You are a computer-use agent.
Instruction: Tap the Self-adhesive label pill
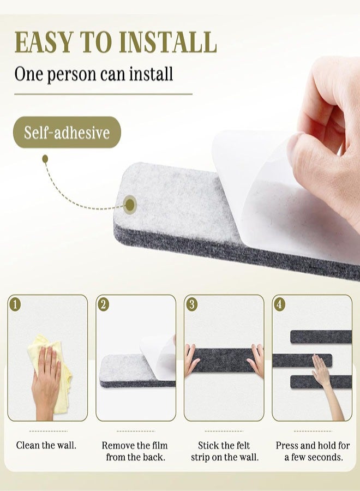click(x=67, y=133)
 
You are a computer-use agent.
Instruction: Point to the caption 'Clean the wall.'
click(x=46, y=445)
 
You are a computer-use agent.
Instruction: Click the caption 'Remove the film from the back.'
click(x=135, y=451)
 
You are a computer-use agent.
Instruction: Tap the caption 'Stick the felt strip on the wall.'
click(x=225, y=451)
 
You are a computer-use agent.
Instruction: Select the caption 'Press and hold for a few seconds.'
click(x=313, y=451)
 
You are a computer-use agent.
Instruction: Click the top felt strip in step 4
click(x=321, y=337)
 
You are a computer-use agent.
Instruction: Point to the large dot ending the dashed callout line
click(x=130, y=205)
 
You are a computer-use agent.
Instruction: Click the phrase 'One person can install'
click(x=93, y=73)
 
